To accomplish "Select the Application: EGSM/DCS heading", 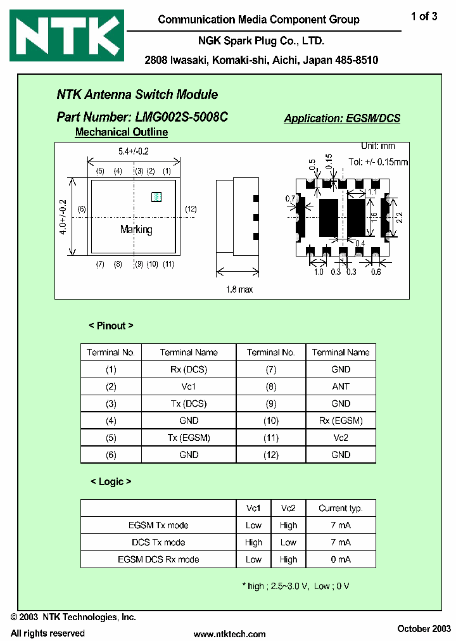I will pyautogui.click(x=342, y=118).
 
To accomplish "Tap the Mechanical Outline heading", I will pyautogui.click(x=122, y=132).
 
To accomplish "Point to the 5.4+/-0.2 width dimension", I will pyautogui.click(x=133, y=151).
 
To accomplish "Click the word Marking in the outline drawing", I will pyautogui.click(x=136, y=229).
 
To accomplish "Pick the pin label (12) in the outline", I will pyautogui.click(x=191, y=209).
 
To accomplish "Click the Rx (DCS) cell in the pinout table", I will pyautogui.click(x=189, y=369).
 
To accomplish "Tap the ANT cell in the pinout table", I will pyautogui.click(x=340, y=386).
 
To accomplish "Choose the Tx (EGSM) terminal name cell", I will pyautogui.click(x=189, y=438).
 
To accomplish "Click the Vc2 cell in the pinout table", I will pyautogui.click(x=340, y=438).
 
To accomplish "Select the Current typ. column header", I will pyautogui.click(x=340, y=508).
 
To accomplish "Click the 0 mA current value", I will pyautogui.click(x=340, y=559).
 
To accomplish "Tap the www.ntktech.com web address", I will pyautogui.click(x=229, y=633).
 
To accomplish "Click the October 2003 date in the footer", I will pyautogui.click(x=424, y=628).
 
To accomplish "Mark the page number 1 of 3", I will pyautogui.click(x=424, y=17).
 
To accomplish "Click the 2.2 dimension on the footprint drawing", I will pyautogui.click(x=400, y=217).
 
